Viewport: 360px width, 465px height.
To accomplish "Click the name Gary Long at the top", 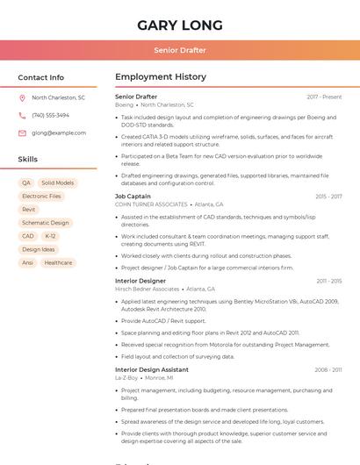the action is tap(180, 25).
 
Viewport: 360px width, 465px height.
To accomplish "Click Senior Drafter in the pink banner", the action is tap(180, 50).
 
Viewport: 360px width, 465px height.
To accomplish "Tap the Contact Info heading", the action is tap(40, 77).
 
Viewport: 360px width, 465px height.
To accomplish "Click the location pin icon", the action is tap(22, 98).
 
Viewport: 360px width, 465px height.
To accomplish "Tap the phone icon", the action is tap(22, 115).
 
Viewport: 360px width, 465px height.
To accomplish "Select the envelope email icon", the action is tap(22, 132).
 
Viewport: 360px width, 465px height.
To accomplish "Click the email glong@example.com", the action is tap(59, 132).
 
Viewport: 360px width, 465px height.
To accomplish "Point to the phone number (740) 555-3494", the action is tap(50, 115).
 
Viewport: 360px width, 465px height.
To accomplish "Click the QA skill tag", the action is tap(26, 182).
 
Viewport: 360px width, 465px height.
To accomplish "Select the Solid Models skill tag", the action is tap(58, 182).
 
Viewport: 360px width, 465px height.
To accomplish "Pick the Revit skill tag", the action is tap(29, 210).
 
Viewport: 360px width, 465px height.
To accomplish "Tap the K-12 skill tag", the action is tap(50, 236).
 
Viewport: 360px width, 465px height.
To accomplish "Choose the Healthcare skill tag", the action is tap(58, 262).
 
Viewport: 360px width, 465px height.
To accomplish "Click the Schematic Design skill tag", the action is tap(45, 223).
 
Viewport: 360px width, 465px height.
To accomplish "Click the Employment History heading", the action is tap(161, 77).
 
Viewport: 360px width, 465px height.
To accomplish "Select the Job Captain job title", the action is tap(133, 197).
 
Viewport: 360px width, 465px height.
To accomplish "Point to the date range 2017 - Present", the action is tap(324, 97).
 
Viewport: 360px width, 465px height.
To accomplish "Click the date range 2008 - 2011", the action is tap(328, 369).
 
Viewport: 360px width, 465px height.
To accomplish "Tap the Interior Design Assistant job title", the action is tap(151, 369).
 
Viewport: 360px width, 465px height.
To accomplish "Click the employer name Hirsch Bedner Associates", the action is tap(147, 289).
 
